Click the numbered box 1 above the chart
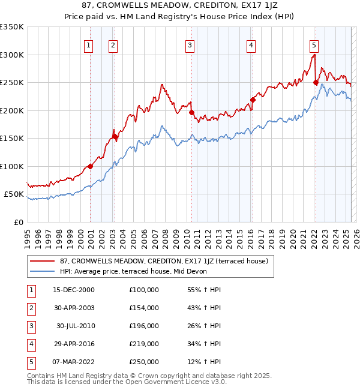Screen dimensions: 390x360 88,44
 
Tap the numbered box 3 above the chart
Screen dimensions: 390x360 190,44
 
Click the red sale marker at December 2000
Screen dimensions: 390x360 90,166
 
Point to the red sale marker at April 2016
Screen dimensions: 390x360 253,100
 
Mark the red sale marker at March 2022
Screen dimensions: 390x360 316,83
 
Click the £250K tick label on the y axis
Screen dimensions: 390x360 12,83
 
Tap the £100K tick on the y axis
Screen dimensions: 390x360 12,166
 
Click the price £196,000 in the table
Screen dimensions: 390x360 143,326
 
